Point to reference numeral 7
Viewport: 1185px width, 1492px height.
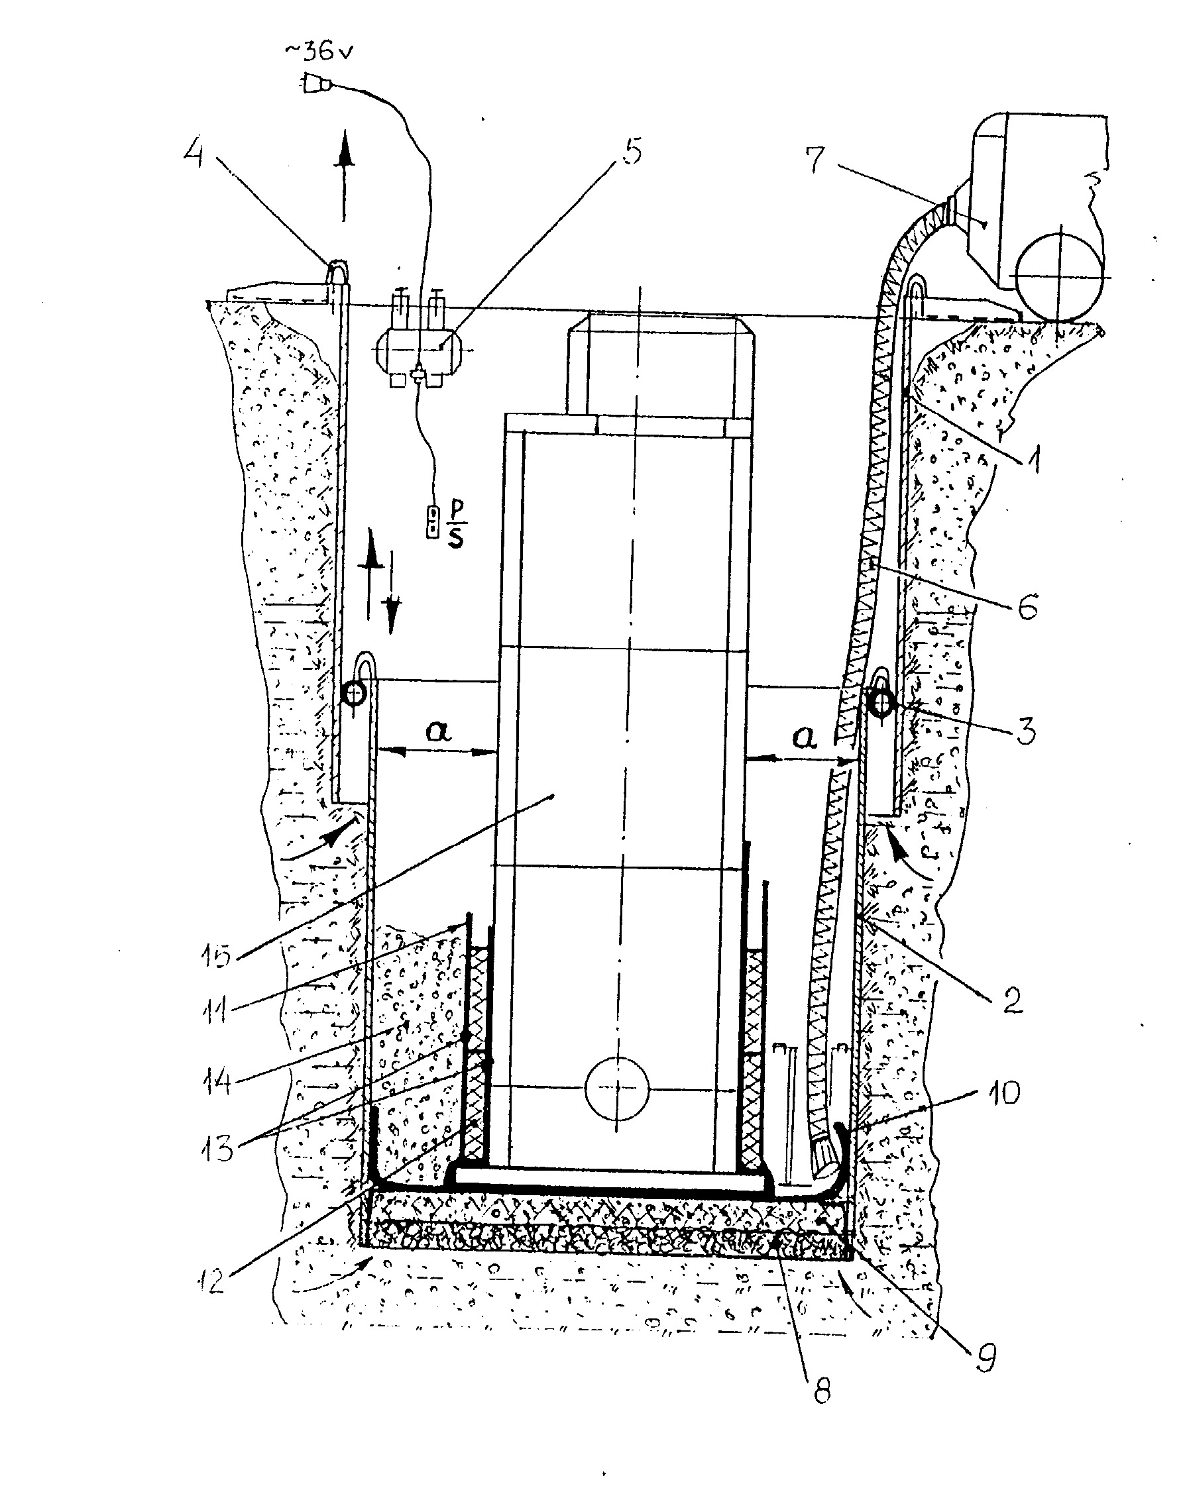pos(815,159)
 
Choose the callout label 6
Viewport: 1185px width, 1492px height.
pos(1027,607)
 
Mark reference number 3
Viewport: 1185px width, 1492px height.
pos(1026,730)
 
